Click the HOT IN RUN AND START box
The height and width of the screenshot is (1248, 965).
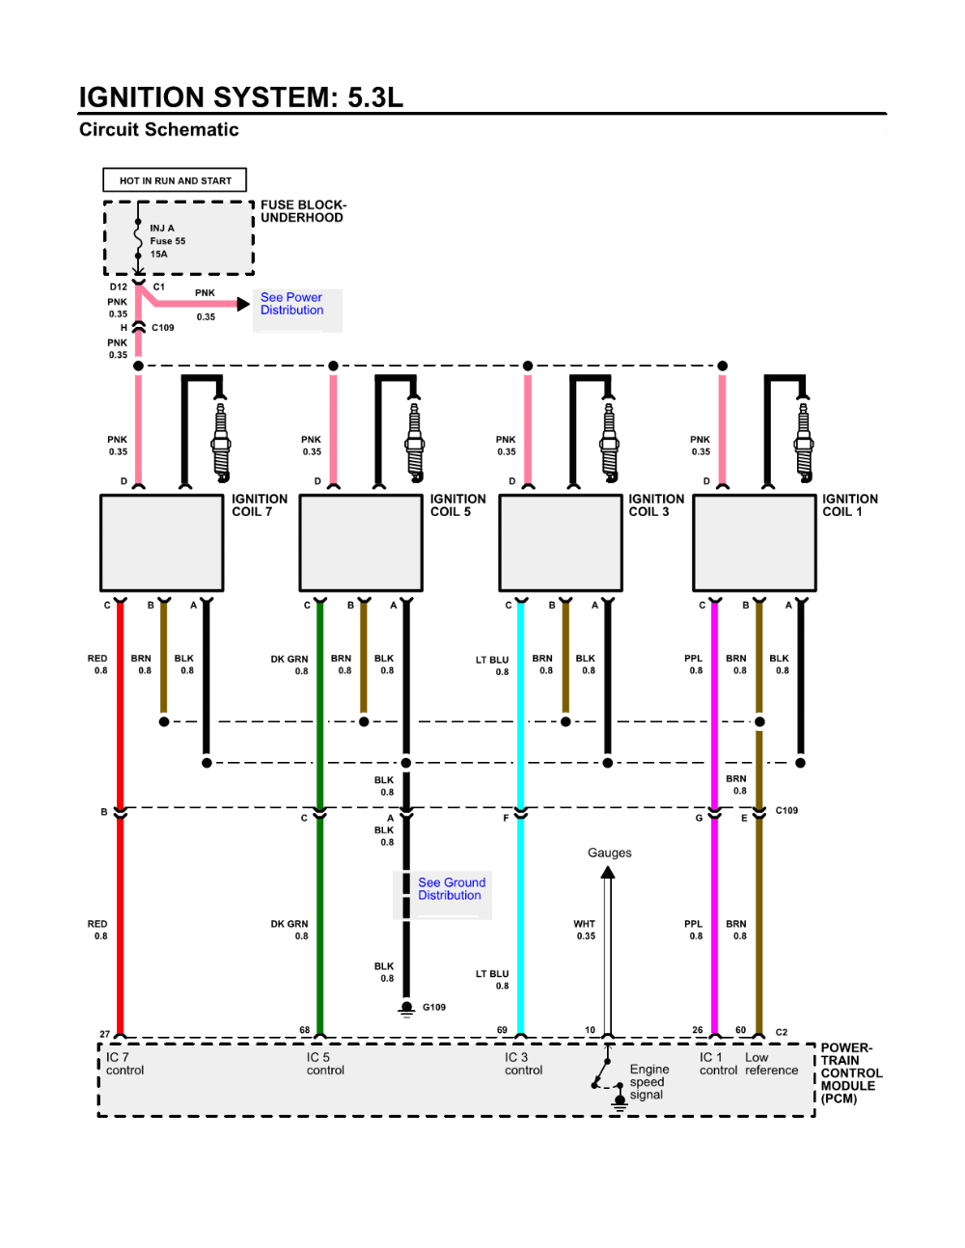click(175, 179)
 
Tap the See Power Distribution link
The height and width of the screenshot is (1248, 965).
click(291, 304)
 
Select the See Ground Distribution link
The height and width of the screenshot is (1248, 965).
click(452, 888)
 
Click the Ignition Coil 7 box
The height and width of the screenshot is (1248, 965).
click(162, 543)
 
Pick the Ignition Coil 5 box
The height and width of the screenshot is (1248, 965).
click(361, 543)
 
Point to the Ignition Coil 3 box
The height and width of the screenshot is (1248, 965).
click(561, 543)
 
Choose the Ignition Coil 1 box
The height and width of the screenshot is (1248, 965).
click(755, 543)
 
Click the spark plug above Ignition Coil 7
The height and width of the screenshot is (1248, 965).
click(221, 440)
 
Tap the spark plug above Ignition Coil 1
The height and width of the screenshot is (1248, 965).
click(804, 440)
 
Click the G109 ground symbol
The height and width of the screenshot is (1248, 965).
click(406, 1009)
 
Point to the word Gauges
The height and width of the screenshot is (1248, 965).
click(610, 853)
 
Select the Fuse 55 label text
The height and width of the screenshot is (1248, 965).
click(168, 241)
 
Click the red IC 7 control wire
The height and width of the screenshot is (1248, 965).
click(120, 816)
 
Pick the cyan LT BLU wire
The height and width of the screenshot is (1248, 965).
click(520, 816)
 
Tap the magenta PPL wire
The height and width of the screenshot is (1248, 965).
click(714, 816)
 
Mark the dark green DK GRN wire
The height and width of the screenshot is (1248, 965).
click(320, 816)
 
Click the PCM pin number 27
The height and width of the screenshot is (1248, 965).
click(104, 1034)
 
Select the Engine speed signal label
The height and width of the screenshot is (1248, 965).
click(649, 1081)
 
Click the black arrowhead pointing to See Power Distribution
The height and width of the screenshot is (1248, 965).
click(243, 304)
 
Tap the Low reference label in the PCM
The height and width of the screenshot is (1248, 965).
click(771, 1064)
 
